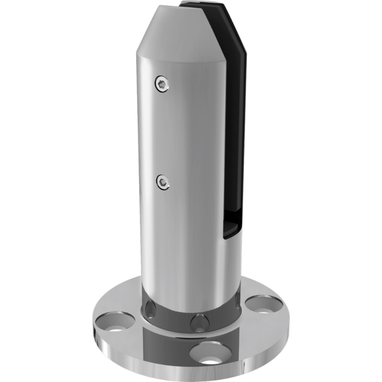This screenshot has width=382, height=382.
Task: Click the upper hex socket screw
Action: coord(162,85)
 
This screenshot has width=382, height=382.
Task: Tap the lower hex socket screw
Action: coord(163,181)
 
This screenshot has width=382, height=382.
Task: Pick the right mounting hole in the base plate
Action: coord(264,304)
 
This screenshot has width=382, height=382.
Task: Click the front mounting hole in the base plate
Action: coord(210,353)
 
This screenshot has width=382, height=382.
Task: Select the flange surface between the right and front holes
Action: coord(248,334)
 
